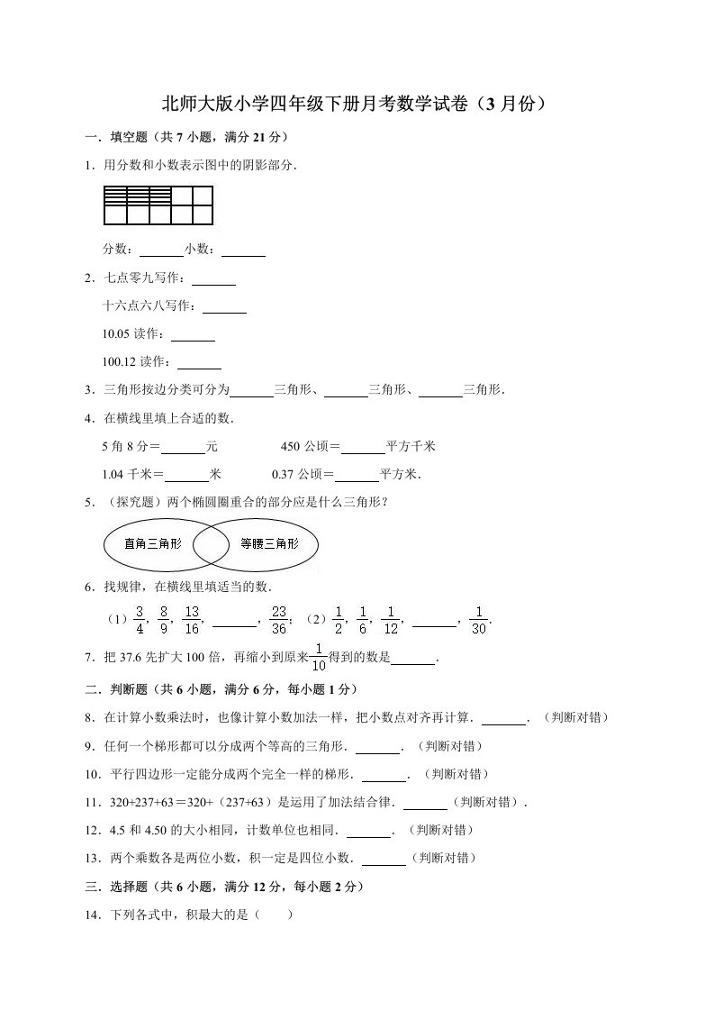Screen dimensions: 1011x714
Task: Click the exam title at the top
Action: click(x=356, y=104)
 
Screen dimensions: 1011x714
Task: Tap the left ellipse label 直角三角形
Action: click(x=153, y=543)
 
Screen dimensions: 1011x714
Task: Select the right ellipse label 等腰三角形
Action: click(x=267, y=543)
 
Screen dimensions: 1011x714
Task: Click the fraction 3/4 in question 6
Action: click(x=140, y=619)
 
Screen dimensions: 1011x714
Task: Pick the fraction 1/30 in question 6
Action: click(x=479, y=619)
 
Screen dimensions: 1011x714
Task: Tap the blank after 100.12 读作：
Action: click(x=199, y=363)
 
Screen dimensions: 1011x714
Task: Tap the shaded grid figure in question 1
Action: click(x=158, y=205)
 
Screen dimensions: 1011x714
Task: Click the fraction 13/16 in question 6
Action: click(x=191, y=619)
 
